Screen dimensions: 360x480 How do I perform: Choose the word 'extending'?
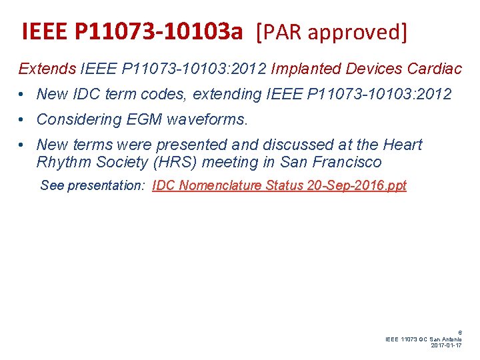(x=225, y=95)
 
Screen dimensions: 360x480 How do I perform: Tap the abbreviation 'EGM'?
(x=145, y=120)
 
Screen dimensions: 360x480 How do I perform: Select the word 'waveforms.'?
(x=208, y=120)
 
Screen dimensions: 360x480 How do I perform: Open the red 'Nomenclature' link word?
(x=219, y=186)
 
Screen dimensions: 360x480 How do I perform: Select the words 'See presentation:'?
(x=93, y=186)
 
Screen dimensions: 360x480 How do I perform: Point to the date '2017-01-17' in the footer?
(x=447, y=345)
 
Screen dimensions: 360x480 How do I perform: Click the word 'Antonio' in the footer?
(x=449, y=339)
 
